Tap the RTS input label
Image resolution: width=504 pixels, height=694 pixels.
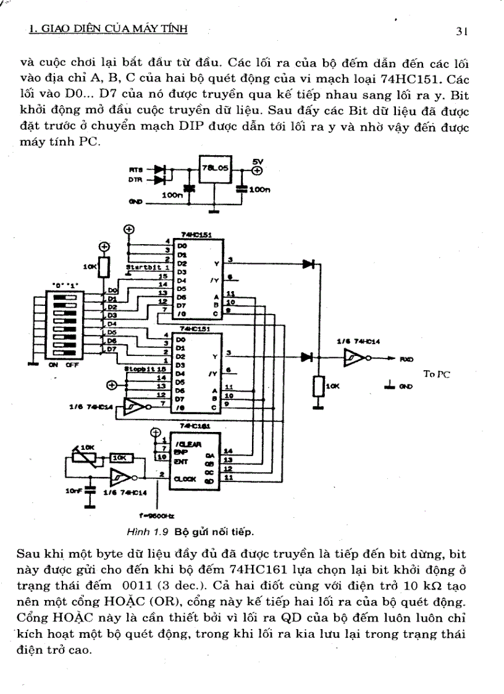[135, 169]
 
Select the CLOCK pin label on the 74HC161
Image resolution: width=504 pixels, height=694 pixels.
[185, 478]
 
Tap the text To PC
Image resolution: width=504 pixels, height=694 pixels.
[437, 373]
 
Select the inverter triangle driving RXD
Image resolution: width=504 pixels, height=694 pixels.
[353, 357]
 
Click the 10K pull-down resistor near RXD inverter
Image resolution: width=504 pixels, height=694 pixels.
[319, 387]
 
